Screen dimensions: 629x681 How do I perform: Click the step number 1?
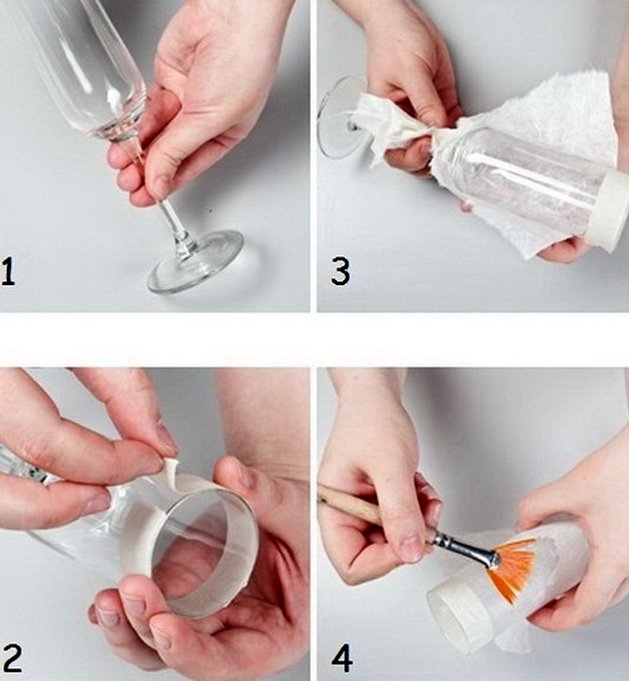tap(9, 271)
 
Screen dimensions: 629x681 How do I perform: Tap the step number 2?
tap(12, 658)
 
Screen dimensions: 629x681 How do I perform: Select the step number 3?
tap(340, 271)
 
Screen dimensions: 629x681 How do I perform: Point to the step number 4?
tap(342, 658)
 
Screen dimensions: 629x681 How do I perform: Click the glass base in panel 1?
tap(196, 261)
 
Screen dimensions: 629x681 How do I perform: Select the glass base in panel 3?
tap(334, 117)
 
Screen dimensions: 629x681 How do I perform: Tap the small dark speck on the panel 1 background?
tap(211, 211)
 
